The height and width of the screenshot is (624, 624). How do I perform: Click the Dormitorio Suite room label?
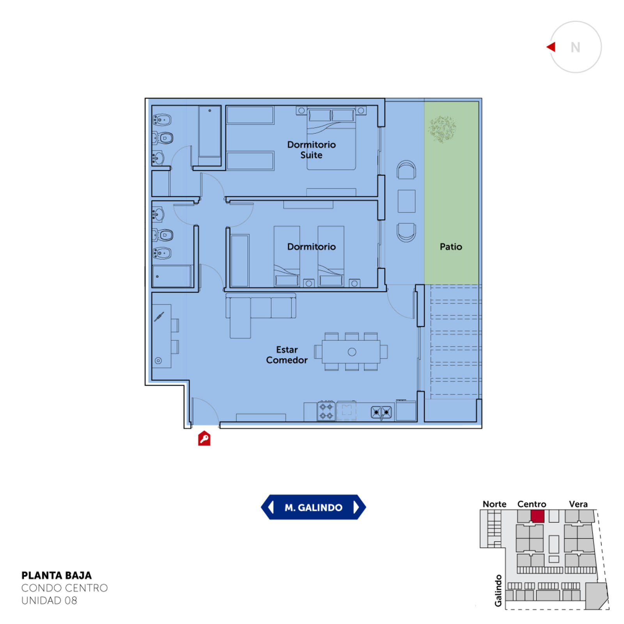[311, 150]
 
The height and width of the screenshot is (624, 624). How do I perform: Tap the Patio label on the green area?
[451, 246]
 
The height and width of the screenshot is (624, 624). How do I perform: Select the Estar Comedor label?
[287, 355]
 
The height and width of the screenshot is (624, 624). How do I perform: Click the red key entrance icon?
[204, 438]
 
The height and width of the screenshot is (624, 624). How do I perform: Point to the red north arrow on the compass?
[551, 47]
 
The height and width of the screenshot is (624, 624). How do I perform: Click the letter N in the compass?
[575, 48]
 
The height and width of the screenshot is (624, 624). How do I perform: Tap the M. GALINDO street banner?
[314, 507]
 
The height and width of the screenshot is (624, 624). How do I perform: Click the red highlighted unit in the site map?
[537, 516]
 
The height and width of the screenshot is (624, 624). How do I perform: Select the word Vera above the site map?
[578, 504]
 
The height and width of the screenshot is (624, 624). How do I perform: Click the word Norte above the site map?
[495, 504]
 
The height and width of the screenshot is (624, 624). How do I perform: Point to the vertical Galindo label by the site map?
[498, 590]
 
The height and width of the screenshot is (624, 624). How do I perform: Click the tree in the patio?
[442, 129]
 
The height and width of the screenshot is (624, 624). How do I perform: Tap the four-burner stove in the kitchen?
[326, 411]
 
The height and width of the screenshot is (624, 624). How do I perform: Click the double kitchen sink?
[381, 412]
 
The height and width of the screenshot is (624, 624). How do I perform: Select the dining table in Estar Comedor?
[351, 352]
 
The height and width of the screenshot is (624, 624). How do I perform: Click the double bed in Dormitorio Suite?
[331, 139]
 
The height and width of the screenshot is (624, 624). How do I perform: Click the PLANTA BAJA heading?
[57, 576]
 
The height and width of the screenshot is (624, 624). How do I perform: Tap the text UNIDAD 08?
[49, 601]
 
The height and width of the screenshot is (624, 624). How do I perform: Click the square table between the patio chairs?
[406, 201]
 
